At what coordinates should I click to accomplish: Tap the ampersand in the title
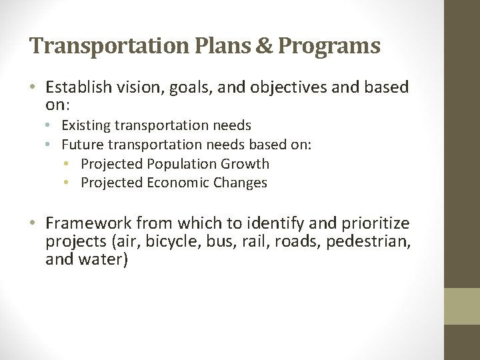click(x=265, y=45)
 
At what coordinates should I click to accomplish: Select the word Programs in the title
click(x=329, y=47)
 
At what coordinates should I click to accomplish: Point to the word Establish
click(x=76, y=88)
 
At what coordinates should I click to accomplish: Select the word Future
click(x=81, y=145)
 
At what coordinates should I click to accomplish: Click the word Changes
click(x=240, y=183)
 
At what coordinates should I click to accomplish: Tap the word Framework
click(x=86, y=223)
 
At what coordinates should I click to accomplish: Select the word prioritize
click(x=375, y=224)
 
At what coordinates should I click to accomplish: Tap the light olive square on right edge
click(x=462, y=306)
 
